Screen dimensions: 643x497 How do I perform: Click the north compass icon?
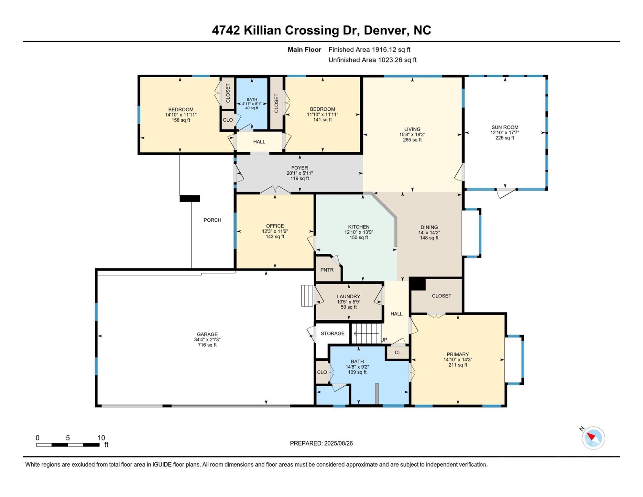[x=593, y=438]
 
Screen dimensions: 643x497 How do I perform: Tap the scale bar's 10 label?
[x=101, y=438]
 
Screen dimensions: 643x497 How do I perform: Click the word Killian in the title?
[x=262, y=30]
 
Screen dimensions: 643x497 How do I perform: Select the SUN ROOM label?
[x=505, y=127]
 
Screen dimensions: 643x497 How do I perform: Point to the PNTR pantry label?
[x=327, y=270]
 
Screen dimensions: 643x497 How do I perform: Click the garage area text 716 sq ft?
[x=207, y=345]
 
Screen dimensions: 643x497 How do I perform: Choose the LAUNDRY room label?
[x=348, y=296]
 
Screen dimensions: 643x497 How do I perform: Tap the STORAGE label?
[x=332, y=333]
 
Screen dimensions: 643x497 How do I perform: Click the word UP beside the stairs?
[x=384, y=340]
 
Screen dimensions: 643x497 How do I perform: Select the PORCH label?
[x=213, y=220]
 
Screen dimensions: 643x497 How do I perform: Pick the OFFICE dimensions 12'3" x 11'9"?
[x=275, y=231]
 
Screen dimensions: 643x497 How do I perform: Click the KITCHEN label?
[x=359, y=227]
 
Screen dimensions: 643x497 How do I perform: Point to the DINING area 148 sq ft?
[x=429, y=238]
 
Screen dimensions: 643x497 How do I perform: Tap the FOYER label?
[x=300, y=168]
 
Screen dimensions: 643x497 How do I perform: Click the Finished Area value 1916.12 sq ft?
[x=391, y=50]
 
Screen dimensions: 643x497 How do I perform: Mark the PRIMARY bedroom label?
[x=458, y=354]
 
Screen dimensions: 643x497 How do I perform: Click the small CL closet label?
[x=398, y=353]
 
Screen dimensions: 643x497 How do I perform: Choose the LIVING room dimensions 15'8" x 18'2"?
[x=412, y=135]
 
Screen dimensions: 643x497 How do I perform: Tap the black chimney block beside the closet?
[x=418, y=284]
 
